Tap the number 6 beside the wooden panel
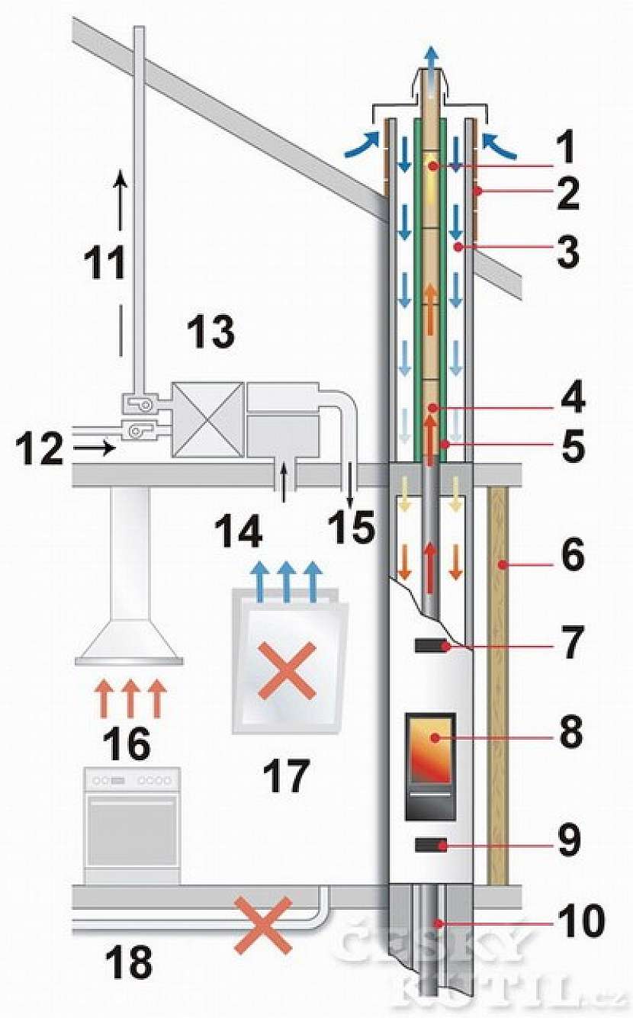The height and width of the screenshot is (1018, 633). [x=567, y=556]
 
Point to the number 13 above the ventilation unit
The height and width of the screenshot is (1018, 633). [x=211, y=333]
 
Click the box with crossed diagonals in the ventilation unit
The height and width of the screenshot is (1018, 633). [x=207, y=420]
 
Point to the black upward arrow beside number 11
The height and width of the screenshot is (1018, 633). [x=120, y=200]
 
